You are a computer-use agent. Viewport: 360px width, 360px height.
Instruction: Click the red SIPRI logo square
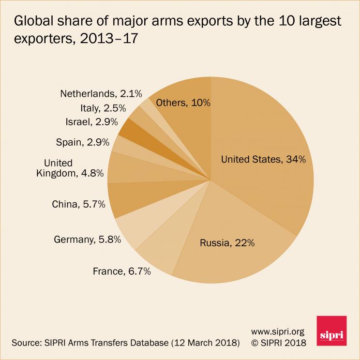coord(331,332)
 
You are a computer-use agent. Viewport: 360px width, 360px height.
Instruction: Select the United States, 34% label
coord(263,160)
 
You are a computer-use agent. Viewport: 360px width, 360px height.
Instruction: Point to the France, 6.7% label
coord(122,271)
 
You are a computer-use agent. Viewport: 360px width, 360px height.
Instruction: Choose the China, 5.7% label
coord(78,204)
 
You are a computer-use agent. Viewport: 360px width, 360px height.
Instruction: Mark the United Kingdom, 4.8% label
coord(71,168)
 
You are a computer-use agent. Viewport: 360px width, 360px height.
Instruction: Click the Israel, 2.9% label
coord(91,122)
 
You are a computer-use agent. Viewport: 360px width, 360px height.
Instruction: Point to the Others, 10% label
coord(179,103)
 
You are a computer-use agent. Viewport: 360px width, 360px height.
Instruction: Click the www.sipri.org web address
coord(278,331)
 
